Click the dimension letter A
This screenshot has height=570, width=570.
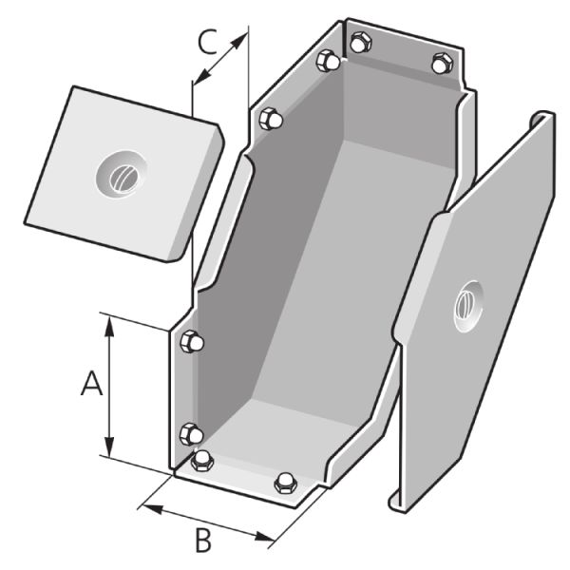[x=91, y=383]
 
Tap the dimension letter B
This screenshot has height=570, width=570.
[x=203, y=541]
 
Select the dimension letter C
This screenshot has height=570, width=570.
[x=208, y=42]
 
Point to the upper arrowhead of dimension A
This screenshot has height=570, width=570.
[x=109, y=325]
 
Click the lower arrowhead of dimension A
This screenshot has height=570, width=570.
[x=109, y=446]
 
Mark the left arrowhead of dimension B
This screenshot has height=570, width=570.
[x=152, y=508]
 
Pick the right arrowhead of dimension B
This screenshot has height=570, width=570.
[x=264, y=537]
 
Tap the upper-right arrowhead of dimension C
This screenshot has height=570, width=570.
[x=238, y=40]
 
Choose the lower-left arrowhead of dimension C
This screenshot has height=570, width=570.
[x=201, y=76]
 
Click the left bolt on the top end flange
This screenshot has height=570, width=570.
[x=360, y=42]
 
